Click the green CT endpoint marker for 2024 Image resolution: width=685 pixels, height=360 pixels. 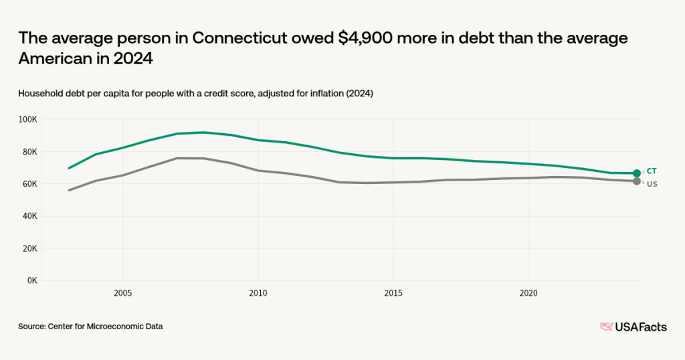point(637,173)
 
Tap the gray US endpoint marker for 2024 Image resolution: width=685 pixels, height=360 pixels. point(637,181)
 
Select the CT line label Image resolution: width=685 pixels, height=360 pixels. point(652,171)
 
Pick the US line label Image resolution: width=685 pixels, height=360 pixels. point(652,184)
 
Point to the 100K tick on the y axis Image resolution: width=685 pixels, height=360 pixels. point(28,120)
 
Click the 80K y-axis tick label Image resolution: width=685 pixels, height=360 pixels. point(30,152)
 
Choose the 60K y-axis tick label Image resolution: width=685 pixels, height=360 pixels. point(30,184)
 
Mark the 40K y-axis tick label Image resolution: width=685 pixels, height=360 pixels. point(30,216)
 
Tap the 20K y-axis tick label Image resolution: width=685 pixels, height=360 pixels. point(30,248)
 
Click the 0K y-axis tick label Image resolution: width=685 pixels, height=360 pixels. point(32,280)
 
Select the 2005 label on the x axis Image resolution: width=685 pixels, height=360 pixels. point(122,293)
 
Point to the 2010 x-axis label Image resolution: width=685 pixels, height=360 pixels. point(258,293)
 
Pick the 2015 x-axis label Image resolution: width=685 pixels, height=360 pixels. point(393,293)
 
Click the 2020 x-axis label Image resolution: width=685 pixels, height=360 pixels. point(529,293)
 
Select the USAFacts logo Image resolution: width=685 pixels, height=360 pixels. point(633,327)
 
